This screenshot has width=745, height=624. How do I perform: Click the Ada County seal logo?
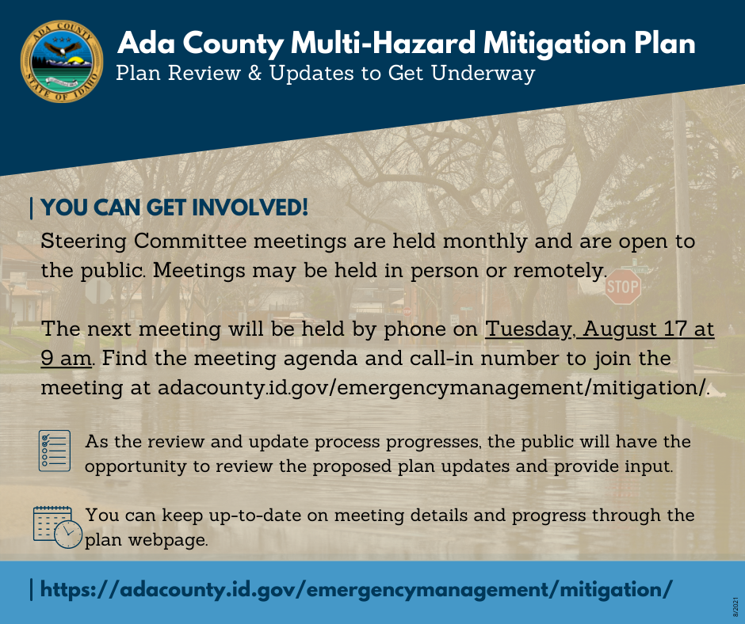(x=62, y=62)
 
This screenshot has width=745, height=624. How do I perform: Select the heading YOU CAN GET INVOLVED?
(x=174, y=208)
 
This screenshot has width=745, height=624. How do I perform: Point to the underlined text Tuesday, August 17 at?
(x=599, y=328)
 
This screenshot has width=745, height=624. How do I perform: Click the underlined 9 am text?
(x=67, y=358)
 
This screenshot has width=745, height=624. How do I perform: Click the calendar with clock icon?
(x=57, y=525)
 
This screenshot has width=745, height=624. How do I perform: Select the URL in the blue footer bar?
(x=356, y=589)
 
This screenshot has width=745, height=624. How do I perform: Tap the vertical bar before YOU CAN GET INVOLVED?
(x=31, y=208)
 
